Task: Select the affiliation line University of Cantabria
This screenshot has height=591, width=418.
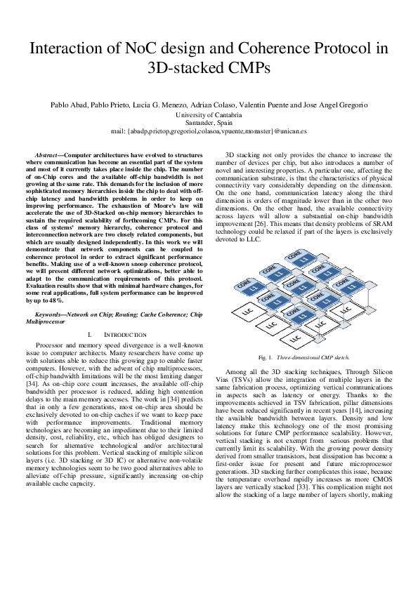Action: coord(209,114)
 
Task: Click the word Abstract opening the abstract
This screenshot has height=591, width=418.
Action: coord(48,154)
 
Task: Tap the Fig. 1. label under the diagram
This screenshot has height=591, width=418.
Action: coord(265,357)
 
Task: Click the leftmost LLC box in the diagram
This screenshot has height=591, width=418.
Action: coord(241,312)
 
